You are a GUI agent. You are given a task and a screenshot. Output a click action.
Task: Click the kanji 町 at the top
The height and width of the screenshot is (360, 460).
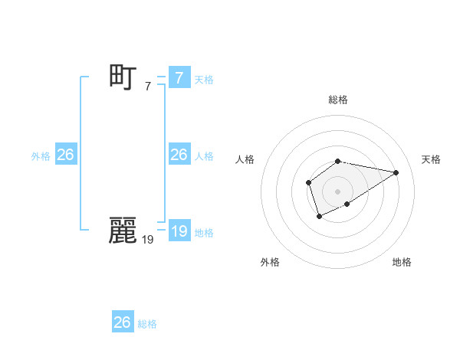point(123,77)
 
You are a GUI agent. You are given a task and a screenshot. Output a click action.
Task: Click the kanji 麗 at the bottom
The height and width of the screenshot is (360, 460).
point(123,231)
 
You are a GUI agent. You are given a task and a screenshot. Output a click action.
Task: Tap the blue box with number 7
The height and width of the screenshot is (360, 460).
point(179,78)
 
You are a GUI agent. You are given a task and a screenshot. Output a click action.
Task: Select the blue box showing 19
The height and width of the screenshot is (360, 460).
point(179,231)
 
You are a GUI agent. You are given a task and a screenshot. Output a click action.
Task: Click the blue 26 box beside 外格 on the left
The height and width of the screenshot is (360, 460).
point(65,155)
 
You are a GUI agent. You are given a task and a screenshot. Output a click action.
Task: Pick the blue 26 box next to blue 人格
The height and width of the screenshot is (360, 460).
point(179,155)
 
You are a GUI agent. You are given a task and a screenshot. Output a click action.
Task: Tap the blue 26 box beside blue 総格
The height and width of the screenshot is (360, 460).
point(123,322)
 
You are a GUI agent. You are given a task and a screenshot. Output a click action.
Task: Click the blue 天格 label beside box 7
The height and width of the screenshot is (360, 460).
point(203,79)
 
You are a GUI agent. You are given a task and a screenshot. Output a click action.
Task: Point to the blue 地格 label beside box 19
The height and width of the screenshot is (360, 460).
point(203,232)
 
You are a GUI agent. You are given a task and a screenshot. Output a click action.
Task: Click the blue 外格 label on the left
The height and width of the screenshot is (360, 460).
point(41,155)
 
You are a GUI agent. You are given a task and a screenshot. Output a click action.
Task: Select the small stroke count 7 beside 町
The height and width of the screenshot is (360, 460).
point(147,86)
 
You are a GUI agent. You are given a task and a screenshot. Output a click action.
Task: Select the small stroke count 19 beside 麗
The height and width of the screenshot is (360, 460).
point(147,239)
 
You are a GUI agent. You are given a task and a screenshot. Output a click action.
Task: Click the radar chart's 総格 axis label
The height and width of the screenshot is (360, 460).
point(338,100)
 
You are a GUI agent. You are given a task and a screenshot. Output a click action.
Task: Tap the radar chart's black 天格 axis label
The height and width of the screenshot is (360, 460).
point(431,159)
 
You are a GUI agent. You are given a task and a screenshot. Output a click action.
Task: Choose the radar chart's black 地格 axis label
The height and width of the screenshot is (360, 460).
point(402,262)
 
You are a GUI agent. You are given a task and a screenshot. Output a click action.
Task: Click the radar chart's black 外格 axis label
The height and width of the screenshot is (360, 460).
point(270,262)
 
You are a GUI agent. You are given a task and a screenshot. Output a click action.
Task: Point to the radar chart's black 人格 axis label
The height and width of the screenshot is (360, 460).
point(245,159)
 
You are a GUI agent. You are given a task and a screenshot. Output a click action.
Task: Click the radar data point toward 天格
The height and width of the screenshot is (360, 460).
point(396,172)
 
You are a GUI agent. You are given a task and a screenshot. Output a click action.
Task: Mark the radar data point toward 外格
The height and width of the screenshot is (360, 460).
point(320,217)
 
